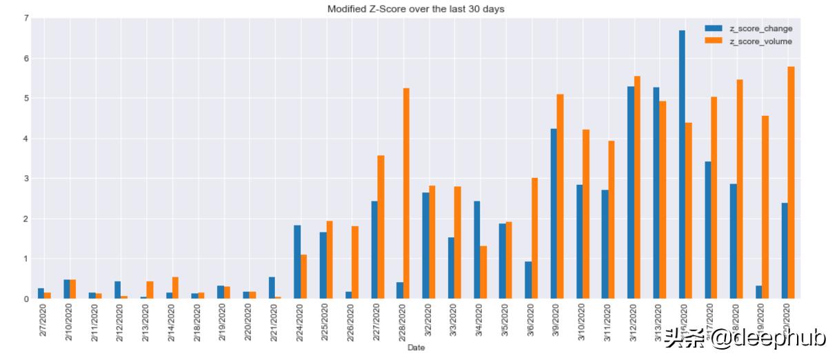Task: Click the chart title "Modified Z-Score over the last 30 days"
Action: [416, 8]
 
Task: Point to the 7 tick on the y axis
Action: [26, 18]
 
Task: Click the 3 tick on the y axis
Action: [26, 179]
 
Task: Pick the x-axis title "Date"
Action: [416, 348]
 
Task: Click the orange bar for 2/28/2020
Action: [406, 193]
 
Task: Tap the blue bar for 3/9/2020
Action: [554, 214]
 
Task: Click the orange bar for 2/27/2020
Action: [381, 227]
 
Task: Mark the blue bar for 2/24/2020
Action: [297, 262]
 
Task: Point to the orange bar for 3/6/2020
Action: [534, 238]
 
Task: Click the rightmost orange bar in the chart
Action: [791, 183]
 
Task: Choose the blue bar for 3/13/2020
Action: [656, 193]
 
